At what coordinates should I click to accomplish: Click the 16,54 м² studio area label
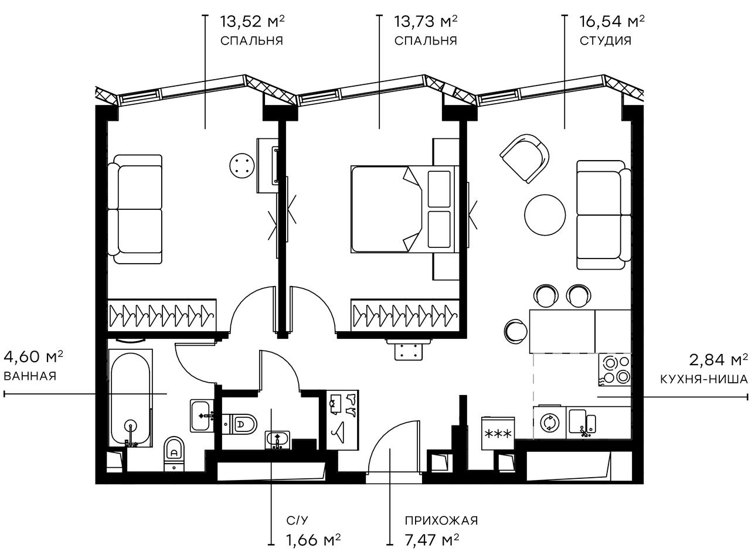(611, 23)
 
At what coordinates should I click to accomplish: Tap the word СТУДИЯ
(606, 41)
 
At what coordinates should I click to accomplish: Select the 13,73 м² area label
(426, 23)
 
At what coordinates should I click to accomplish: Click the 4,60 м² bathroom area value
(33, 357)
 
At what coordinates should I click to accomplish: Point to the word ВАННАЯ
(30, 376)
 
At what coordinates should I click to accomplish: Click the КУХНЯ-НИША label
(703, 379)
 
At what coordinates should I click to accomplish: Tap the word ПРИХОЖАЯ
(441, 520)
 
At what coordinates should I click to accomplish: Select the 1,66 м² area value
(314, 539)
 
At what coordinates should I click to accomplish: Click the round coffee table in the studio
(545, 215)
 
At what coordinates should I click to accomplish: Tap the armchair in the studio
(525, 157)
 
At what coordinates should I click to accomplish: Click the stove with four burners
(614, 370)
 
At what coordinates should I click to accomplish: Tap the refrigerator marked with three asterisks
(497, 434)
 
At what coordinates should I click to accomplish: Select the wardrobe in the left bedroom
(162, 315)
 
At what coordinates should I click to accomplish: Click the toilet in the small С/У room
(243, 423)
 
